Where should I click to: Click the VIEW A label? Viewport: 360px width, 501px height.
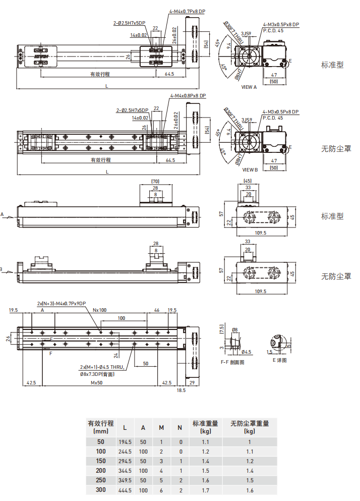click(249, 87)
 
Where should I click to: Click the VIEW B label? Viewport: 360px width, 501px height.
click(250, 170)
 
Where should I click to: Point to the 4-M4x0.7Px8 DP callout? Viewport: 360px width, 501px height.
click(188, 11)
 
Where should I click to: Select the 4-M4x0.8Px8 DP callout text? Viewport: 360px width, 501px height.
click(188, 95)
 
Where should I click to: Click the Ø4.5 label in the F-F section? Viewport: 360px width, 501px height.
click(246, 352)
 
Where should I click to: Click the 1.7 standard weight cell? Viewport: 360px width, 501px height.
click(205, 489)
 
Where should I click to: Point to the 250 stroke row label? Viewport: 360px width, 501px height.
click(101, 480)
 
